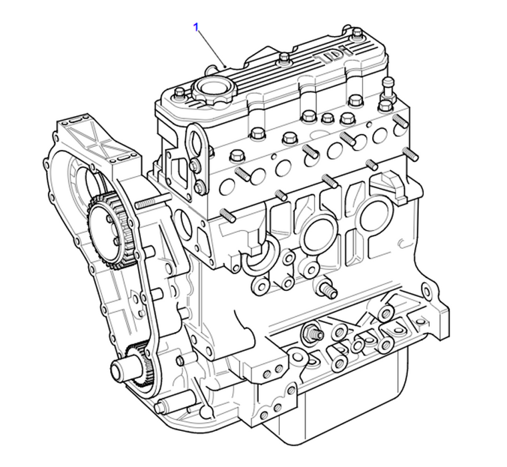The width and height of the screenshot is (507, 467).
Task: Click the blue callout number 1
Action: [196, 27]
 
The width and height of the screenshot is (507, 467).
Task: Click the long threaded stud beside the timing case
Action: [153, 203]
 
